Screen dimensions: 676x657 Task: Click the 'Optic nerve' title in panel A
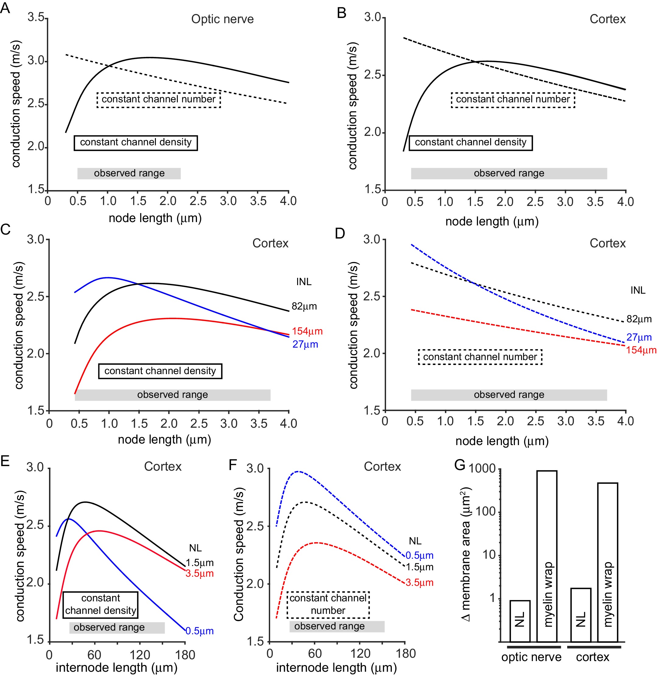click(x=222, y=19)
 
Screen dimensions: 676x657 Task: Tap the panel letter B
click(x=341, y=13)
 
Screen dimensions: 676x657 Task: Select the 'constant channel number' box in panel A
click(x=158, y=100)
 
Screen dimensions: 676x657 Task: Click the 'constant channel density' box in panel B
click(x=470, y=143)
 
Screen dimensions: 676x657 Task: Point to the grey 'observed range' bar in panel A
click(x=129, y=173)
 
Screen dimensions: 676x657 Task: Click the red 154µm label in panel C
click(x=307, y=331)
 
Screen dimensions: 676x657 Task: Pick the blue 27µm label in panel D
click(x=639, y=337)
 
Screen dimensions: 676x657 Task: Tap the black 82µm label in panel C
click(x=304, y=306)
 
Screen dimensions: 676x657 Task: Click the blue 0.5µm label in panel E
click(x=199, y=631)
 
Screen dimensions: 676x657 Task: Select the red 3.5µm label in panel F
click(x=419, y=582)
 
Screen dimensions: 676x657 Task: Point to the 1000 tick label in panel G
click(x=482, y=469)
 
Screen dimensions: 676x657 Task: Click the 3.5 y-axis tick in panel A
click(x=36, y=17)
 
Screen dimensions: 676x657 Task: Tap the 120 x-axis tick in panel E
click(x=140, y=655)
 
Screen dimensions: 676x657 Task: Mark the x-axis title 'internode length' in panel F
click(x=336, y=667)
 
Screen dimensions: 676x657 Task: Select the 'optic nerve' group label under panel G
click(x=531, y=657)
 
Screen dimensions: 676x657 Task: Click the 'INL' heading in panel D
click(x=638, y=290)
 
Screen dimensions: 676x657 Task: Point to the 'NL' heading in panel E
click(x=195, y=548)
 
